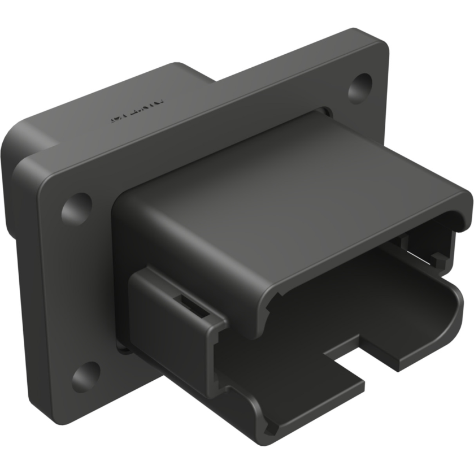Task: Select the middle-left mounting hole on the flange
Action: click(76, 207)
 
